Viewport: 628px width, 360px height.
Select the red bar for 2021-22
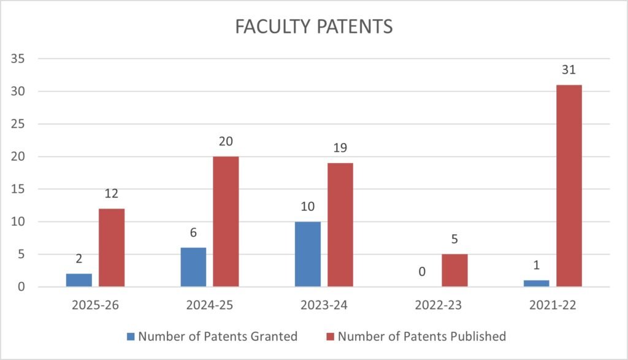point(569,186)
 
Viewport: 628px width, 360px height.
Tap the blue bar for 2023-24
point(307,254)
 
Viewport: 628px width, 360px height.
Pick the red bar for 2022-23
point(454,270)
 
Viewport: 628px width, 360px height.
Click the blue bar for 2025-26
point(79,280)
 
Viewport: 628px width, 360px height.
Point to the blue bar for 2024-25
point(193,267)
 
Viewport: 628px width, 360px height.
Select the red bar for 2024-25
point(226,221)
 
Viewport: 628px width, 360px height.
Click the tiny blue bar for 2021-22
point(536,283)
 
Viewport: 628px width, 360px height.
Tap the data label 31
point(569,71)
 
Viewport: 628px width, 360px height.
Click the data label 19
point(340,148)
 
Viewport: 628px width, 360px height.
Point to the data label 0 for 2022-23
point(422,272)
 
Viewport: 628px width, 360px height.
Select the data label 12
point(112,194)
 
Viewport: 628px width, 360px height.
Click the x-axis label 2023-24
point(324,305)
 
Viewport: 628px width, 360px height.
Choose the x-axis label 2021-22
point(552,305)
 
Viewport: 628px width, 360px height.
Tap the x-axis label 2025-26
point(95,305)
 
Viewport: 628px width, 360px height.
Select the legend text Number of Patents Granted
point(218,336)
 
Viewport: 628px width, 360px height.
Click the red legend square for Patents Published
point(329,336)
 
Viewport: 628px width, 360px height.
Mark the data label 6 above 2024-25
point(193,234)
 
